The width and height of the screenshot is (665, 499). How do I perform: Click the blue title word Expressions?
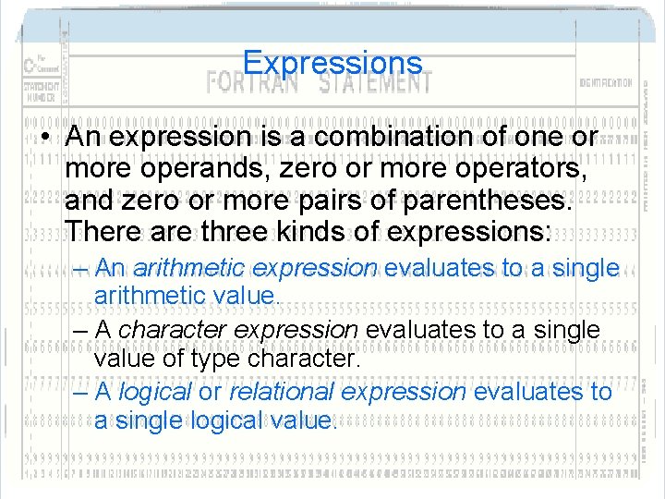pos(332,63)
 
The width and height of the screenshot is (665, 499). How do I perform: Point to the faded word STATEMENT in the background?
pos(375,81)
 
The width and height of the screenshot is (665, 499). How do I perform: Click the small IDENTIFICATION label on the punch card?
pos(605,83)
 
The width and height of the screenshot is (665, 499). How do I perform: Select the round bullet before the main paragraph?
pos(45,138)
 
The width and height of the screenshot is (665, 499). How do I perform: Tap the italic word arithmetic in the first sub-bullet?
pos(188,268)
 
